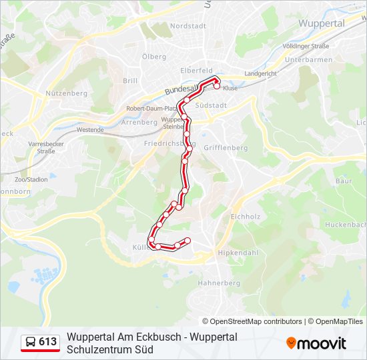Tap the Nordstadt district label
tap(189, 25)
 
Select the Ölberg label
tap(154, 57)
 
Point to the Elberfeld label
tap(196, 70)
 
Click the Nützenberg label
tap(67, 93)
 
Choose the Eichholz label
tap(244, 217)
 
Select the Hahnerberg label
tap(219, 283)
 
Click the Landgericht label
tap(261, 73)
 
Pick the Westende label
tap(90, 130)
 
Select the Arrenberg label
tap(139, 123)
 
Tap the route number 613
tap(48, 342)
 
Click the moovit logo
tap(316, 343)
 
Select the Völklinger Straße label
tap(306, 46)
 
